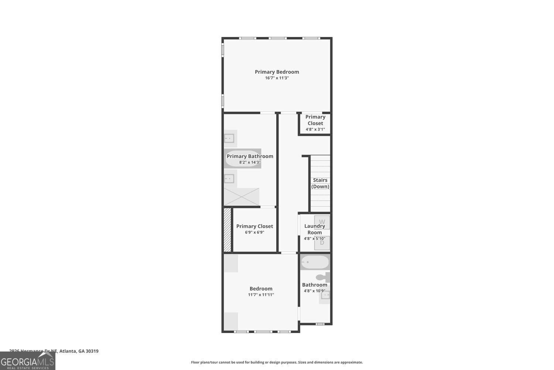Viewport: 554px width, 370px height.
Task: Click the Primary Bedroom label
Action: coord(277,72)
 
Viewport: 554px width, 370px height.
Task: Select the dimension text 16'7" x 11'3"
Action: coord(277,78)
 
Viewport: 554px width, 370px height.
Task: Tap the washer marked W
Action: coord(322,222)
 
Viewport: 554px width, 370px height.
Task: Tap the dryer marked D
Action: coord(322,243)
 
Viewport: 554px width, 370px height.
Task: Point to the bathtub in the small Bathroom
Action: coord(315,262)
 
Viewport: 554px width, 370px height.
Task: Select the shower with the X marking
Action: coord(242,196)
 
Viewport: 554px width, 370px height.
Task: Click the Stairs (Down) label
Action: coord(320,183)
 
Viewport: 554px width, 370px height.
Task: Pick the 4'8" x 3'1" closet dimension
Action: coord(315,129)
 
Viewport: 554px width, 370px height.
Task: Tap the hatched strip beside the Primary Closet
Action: coord(227,230)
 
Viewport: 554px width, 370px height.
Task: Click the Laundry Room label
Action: coord(315,229)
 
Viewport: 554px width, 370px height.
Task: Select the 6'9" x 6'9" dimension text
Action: coord(254,232)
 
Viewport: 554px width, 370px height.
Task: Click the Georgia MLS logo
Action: coord(27,360)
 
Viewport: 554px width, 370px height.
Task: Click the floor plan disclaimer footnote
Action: coord(277,362)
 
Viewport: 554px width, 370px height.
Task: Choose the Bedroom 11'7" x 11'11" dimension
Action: coord(261,295)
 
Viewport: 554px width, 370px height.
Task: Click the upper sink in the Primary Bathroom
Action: coord(229,138)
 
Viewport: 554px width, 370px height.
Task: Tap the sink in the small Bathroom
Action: coord(325,295)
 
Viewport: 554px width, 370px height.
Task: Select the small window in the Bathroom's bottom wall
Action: coord(320,324)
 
